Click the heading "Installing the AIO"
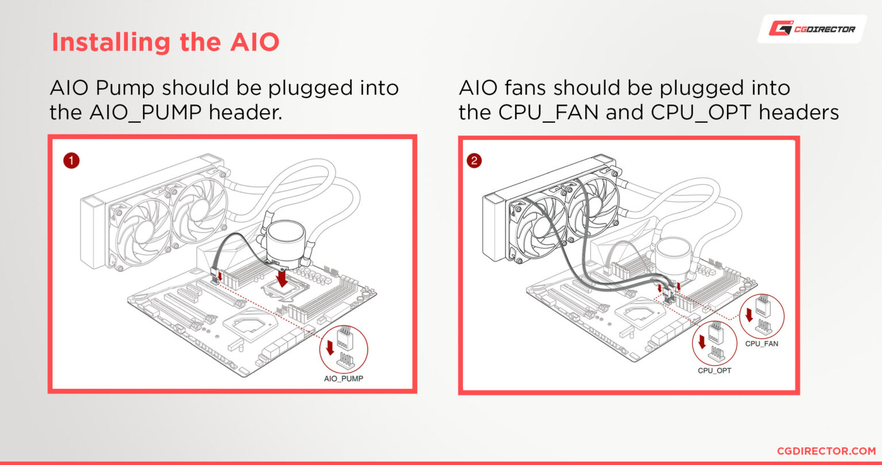point(165,42)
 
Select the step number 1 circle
point(71,161)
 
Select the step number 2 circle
point(474,161)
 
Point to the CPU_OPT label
point(714,370)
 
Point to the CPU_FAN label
point(761,343)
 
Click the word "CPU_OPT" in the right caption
point(702,113)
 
